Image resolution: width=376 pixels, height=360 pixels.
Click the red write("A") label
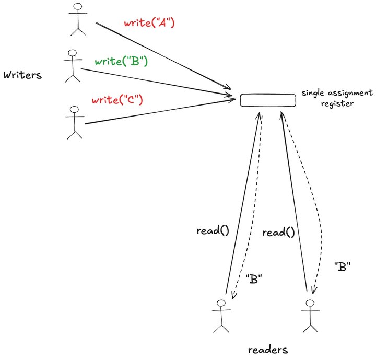[x=149, y=23]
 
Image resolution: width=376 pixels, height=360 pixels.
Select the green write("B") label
[x=121, y=62]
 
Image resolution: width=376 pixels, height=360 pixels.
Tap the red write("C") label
[x=117, y=100]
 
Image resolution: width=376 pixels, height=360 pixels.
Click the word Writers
[x=22, y=75]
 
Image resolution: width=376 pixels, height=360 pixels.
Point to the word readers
[x=268, y=350]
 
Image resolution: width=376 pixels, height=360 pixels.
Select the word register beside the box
[x=337, y=103]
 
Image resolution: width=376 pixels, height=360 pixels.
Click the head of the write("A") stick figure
[x=78, y=7]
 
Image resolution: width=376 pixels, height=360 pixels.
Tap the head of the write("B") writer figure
[x=72, y=53]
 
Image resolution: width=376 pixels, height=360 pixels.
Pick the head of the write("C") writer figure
[x=75, y=110]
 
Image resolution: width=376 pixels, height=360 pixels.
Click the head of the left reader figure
[x=221, y=303]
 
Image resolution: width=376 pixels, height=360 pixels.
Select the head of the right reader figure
[x=310, y=304]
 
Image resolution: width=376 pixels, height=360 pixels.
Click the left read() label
[x=213, y=230]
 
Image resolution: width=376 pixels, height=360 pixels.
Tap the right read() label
[x=278, y=233]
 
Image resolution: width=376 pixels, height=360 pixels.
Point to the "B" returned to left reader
[x=254, y=279]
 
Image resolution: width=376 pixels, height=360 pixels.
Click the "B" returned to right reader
[x=342, y=266]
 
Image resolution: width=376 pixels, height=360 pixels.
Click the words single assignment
[x=337, y=93]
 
